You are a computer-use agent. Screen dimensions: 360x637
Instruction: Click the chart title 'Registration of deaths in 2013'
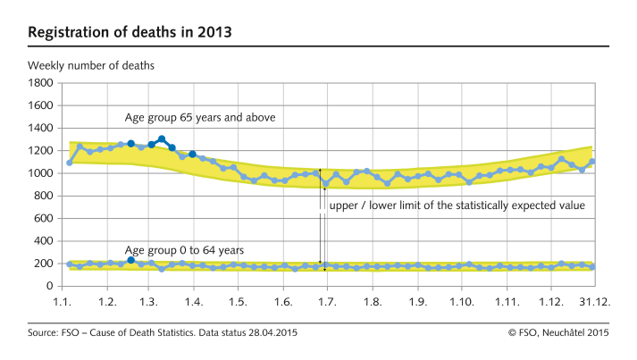click(x=130, y=32)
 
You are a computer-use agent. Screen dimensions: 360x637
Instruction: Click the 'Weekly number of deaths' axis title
click(x=91, y=66)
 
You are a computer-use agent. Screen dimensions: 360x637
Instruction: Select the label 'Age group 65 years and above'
click(x=199, y=118)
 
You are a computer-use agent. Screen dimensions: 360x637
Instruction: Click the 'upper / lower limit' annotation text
click(x=457, y=205)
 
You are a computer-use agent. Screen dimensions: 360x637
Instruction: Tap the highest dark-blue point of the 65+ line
click(x=161, y=139)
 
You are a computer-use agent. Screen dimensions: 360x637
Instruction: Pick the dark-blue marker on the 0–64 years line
click(x=131, y=260)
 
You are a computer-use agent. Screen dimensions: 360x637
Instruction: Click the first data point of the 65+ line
click(x=69, y=163)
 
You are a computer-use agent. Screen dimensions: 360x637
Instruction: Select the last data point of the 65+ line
click(x=591, y=162)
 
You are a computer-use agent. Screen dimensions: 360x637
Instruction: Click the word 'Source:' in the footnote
click(x=45, y=333)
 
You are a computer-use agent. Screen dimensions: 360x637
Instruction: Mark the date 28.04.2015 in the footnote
click(x=272, y=333)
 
